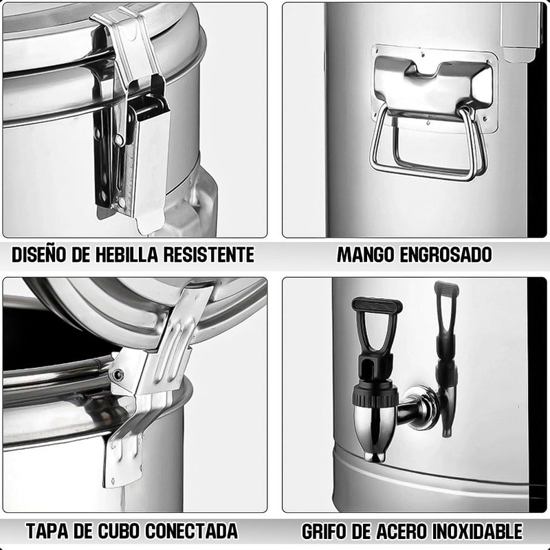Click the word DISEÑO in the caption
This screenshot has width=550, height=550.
[39, 254]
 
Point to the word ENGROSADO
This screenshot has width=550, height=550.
[445, 254]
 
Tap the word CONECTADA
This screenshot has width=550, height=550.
[192, 531]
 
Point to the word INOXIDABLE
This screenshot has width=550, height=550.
[477, 531]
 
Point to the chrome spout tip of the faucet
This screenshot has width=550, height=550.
[375, 456]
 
